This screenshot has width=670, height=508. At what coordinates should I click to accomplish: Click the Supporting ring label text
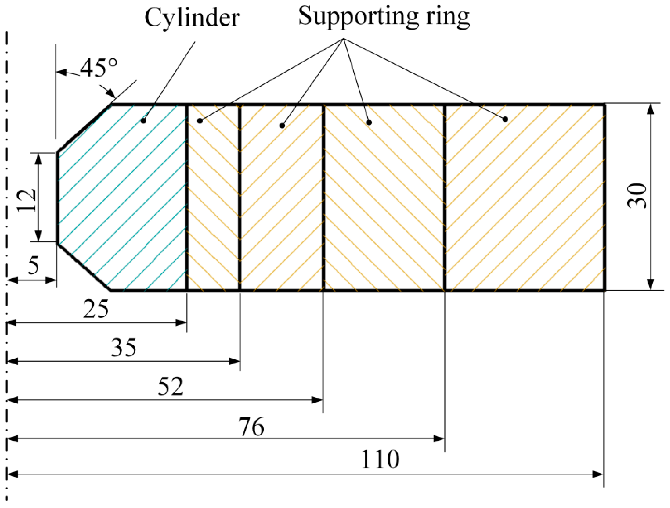pos(384,16)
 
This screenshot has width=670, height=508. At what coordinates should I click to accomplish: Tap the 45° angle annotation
pos(99,68)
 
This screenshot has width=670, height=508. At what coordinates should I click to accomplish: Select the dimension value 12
pos(27,200)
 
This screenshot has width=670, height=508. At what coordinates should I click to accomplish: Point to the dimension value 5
pos(34,264)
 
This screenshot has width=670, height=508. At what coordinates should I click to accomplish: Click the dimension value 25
pos(96,309)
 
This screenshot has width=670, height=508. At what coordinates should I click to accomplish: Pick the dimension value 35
pos(124,348)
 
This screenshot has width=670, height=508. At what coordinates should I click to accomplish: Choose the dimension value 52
pos(171,386)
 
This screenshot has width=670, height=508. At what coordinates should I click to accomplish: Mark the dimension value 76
pos(251,427)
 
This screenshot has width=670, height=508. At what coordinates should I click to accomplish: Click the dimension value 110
pos(380,459)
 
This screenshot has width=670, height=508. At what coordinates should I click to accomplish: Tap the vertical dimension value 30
pos(636,196)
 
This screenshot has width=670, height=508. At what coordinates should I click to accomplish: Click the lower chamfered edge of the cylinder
pos(84,267)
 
